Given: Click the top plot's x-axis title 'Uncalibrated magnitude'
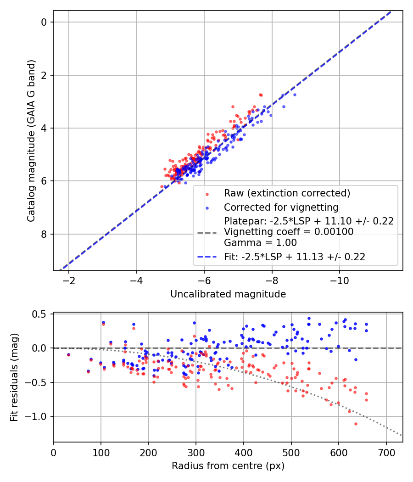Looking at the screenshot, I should coord(228,294).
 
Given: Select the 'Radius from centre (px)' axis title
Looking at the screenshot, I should coord(228,466).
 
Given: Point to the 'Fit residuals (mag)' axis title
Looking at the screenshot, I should coord(14,377).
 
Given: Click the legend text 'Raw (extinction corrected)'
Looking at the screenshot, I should coord(287,193).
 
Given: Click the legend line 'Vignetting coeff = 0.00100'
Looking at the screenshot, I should coord(289,232).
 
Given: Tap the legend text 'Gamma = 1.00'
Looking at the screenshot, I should coord(260,243).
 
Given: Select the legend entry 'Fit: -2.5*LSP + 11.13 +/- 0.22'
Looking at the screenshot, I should coord(295,257).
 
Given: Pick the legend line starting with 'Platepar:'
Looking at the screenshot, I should coord(308,221).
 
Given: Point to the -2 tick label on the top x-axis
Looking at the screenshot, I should coord(69,281).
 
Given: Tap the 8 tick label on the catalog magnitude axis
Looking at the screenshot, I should coord(44,234).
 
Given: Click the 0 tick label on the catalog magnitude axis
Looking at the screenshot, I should coord(44,22).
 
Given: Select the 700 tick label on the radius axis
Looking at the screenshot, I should coord(386,453).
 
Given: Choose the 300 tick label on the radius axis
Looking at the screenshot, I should coord(196,453).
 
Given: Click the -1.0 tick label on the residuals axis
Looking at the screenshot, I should coord(39,416).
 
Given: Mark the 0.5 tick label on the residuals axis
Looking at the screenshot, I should coord(41,314).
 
